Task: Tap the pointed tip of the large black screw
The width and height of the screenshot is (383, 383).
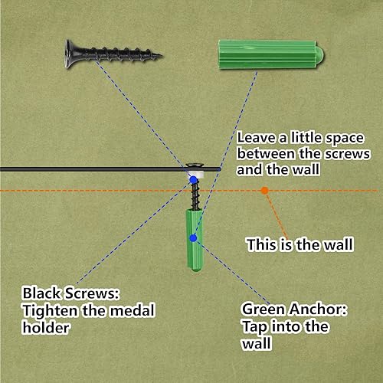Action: click(162, 55)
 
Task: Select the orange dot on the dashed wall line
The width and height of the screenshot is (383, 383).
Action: click(265, 190)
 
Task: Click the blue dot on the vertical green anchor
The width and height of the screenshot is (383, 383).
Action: click(193, 238)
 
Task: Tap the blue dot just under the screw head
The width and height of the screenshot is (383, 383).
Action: click(193, 180)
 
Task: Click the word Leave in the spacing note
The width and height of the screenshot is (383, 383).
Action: click(257, 138)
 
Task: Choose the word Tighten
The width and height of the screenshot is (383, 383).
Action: click(50, 311)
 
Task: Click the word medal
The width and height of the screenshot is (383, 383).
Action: click(133, 310)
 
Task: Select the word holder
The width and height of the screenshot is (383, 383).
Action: click(46, 328)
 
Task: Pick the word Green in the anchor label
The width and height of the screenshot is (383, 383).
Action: click(264, 309)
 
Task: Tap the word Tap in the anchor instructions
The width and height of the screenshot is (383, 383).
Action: click(254, 327)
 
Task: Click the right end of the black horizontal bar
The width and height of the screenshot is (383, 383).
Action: click(219, 169)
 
